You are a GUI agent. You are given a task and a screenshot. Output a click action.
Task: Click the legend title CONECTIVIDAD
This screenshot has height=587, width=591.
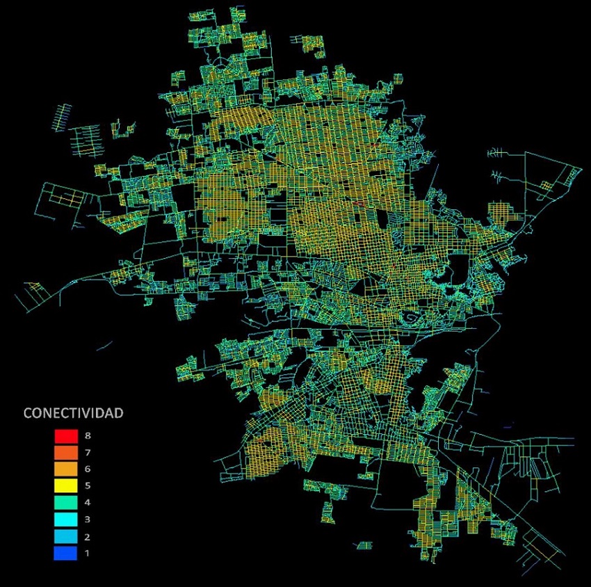(x=74, y=413)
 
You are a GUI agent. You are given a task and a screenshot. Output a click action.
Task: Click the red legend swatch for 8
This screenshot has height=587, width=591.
(x=65, y=436)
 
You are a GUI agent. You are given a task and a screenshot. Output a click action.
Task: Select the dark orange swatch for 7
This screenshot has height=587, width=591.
(x=65, y=453)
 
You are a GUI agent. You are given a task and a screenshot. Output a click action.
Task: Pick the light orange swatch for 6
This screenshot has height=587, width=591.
(x=65, y=469)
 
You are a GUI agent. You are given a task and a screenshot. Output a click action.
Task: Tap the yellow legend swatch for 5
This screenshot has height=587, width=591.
(x=65, y=486)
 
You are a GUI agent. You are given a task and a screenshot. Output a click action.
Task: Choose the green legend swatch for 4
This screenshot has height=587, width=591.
(x=65, y=503)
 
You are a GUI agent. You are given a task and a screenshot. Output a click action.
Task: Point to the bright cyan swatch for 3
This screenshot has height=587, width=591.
(x=65, y=520)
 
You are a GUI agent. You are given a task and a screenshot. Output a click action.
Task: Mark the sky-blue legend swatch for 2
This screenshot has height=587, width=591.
(x=65, y=537)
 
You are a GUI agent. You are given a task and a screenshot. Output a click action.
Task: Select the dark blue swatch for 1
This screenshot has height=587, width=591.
(x=65, y=554)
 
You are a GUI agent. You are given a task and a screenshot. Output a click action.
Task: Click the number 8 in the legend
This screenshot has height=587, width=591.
(x=87, y=436)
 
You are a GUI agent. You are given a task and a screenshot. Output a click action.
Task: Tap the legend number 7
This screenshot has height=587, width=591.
(x=87, y=453)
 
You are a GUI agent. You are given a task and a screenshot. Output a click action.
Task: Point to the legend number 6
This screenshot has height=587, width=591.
(x=87, y=469)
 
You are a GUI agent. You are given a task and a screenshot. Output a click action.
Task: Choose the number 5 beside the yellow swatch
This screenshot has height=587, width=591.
(x=87, y=486)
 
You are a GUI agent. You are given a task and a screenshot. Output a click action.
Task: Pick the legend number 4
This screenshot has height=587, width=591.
(x=87, y=503)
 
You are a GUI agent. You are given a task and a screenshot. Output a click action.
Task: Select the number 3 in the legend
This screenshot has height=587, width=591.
(x=87, y=520)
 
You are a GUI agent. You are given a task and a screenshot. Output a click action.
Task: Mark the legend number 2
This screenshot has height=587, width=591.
(x=87, y=537)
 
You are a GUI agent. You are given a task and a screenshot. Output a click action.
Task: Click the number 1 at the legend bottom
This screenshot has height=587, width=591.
(x=87, y=554)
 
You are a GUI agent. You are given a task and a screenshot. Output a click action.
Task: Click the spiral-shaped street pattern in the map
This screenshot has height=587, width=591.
(x=412, y=319)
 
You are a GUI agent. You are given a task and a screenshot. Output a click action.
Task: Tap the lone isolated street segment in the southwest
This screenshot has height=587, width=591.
(x=105, y=345)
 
